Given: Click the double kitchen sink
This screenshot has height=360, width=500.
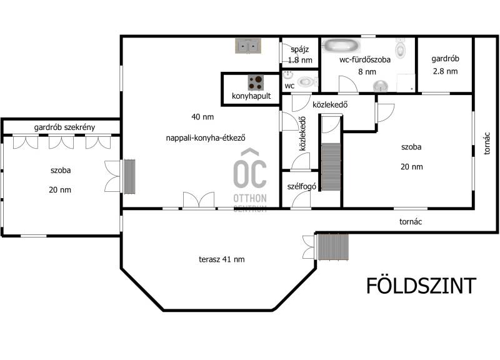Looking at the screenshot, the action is pos(248,46).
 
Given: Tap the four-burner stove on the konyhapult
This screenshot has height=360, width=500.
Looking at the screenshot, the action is pos(256,82).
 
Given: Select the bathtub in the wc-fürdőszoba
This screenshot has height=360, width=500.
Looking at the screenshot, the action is pos(341,45).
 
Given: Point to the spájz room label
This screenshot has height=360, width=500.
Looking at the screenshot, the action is pos(300,50).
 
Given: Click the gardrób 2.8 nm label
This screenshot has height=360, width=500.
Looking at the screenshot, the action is pos(445,65).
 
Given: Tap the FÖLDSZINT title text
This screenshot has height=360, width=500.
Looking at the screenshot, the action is pos(421,286).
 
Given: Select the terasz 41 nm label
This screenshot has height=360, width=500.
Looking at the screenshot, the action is pos(222,259).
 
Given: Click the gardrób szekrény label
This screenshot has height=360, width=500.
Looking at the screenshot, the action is pos(64,127).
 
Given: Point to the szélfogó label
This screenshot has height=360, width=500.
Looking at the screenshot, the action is pos(301,186).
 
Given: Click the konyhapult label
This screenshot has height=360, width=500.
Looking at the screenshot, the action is pos(251,96).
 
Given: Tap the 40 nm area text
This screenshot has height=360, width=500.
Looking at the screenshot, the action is pos(202,117).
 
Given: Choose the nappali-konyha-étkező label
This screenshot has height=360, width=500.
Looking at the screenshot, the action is pos(206,138).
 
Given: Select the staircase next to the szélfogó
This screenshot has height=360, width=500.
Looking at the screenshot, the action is pos(331,167).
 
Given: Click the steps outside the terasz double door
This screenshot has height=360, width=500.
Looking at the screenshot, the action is pos(333,247).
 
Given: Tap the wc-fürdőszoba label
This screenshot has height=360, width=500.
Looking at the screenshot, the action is pos(365,59).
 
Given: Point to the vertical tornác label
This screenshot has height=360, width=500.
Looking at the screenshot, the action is pos(487,144).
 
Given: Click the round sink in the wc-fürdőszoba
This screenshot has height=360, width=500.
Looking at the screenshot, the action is pos(381,86).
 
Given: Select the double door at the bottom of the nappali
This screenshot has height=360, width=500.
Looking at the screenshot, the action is pos(198,200).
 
